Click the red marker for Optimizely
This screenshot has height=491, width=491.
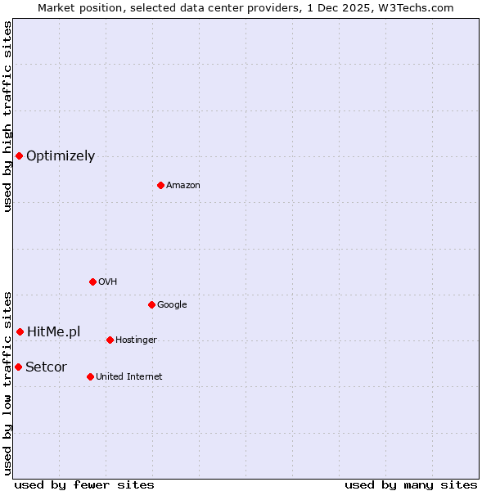[x=19, y=155]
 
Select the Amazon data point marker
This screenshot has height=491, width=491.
[x=160, y=185]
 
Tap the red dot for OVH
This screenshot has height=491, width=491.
[x=92, y=282]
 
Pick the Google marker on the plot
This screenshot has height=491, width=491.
[x=151, y=304]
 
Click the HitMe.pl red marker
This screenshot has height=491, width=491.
[x=20, y=331]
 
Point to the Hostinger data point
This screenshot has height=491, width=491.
[x=110, y=340]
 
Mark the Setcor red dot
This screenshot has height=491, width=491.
[x=18, y=367]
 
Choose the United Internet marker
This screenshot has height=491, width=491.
[x=90, y=376]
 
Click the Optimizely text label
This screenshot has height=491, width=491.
[x=61, y=156]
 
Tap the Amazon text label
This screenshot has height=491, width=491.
[x=183, y=186]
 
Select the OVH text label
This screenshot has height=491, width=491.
[x=108, y=282]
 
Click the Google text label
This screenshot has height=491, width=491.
[x=172, y=305]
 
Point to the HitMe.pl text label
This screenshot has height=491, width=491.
[x=54, y=331]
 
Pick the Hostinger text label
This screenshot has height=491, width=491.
[x=136, y=340]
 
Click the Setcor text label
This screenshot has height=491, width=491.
[x=46, y=367]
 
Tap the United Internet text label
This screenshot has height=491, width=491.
[x=129, y=377]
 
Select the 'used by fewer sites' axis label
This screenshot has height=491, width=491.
[x=84, y=484]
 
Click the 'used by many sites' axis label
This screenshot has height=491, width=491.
[x=411, y=484]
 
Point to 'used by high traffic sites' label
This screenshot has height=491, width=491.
[x=7, y=116]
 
